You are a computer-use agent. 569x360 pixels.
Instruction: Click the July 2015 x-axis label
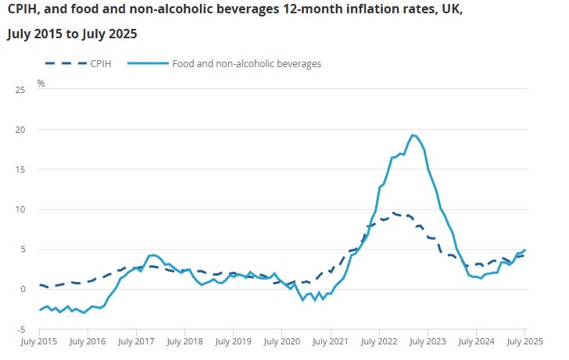point(39,341)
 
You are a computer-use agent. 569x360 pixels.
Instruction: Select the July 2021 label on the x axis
point(329,341)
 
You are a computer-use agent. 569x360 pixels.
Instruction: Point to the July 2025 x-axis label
point(524,341)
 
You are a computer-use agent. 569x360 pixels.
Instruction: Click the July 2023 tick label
point(427,341)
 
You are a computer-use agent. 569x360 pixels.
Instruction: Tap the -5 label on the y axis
point(22,329)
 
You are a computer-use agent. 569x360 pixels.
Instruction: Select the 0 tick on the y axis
point(23,289)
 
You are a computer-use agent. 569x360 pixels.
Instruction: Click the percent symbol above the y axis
point(41,82)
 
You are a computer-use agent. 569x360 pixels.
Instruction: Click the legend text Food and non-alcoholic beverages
point(246,63)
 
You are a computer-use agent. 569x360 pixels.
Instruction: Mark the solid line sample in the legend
point(146,63)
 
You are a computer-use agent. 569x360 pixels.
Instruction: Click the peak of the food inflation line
point(413,135)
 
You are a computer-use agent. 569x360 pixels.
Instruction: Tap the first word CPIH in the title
point(23,13)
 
